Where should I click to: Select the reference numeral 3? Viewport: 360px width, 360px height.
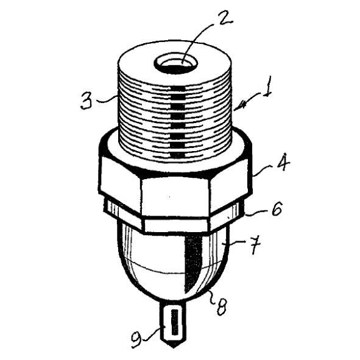[86, 101]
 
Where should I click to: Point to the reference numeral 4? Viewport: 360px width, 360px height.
[283, 163]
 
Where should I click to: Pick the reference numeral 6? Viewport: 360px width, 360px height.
[276, 208]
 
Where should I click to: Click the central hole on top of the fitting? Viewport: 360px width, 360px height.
[175, 65]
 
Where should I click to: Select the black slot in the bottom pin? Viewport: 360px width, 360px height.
[175, 322]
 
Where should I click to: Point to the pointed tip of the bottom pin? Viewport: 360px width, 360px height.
[174, 347]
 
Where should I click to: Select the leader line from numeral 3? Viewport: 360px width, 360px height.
[107, 99]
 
